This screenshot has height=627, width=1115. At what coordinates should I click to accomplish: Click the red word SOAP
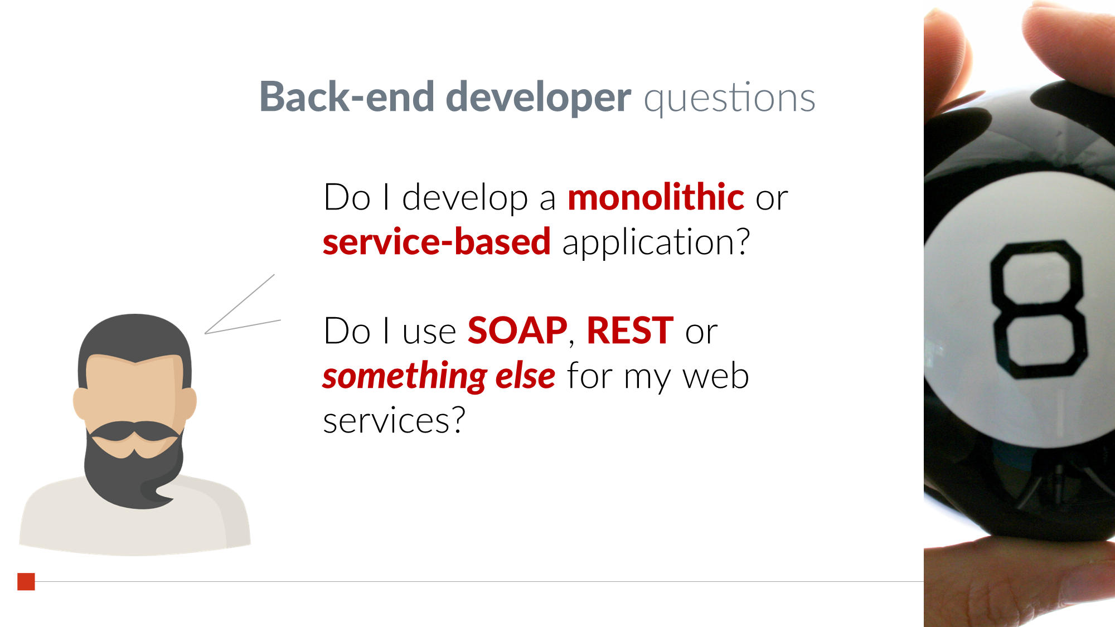pos(517,330)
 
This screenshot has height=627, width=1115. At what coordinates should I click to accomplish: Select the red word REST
pos(630,330)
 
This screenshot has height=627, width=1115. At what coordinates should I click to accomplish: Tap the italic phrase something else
pos(439,376)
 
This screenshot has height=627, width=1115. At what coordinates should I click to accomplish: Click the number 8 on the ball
pos(1039,310)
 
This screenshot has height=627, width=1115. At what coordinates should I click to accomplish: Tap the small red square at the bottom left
pos(26,581)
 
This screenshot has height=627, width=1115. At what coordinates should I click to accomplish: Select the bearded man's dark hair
pos(134,343)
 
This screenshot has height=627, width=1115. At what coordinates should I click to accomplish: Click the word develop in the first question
pos(465,199)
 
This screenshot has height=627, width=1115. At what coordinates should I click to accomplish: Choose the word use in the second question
pos(429,333)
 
